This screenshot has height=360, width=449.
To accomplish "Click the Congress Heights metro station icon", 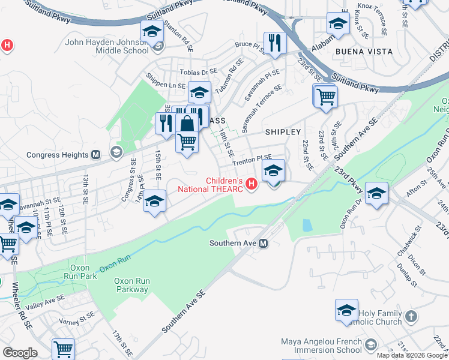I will (x=95, y=155).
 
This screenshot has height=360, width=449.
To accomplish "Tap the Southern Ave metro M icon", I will (x=263, y=243).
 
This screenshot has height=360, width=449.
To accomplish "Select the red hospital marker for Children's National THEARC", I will (x=252, y=184).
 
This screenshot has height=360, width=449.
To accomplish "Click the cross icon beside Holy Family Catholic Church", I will (x=411, y=316).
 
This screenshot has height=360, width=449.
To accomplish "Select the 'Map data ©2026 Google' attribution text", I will (x=412, y=355).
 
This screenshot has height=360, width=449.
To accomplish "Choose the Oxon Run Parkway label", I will (x=132, y=285).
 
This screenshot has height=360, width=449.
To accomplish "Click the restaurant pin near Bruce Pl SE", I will (x=275, y=43).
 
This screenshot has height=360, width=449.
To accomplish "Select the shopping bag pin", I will (x=188, y=125).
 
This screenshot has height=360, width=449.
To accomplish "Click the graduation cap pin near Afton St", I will (x=376, y=193).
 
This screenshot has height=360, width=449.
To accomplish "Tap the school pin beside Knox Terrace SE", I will (x=338, y=24).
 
